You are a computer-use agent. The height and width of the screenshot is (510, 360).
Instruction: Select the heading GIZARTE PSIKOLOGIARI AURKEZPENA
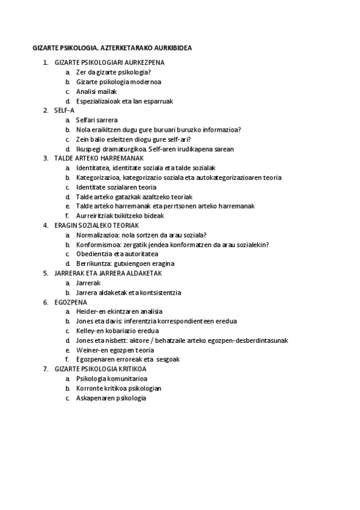click(109, 62)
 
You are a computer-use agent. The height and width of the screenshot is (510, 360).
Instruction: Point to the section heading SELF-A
click(64, 111)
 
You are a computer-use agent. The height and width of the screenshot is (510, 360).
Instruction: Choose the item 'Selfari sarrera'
click(97, 120)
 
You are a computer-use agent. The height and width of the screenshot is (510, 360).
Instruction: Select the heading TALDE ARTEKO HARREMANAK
click(99, 158)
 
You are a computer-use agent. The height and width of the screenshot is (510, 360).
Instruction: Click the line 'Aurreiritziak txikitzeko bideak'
click(120, 215)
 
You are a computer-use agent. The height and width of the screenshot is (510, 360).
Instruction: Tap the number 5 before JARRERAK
click(46, 273)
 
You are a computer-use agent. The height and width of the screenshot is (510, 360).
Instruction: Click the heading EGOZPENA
click(71, 302)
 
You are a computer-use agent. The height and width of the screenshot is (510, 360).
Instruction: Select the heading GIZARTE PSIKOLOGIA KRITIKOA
click(100, 369)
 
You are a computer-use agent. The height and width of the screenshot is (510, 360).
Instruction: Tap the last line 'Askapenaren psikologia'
click(111, 398)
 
